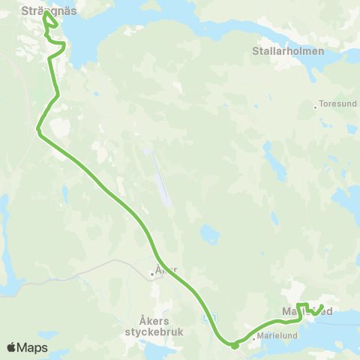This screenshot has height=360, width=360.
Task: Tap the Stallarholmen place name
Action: click(287, 52)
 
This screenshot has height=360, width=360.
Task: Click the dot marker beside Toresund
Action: click(316, 107)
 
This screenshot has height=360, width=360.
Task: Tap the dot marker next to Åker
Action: click(152, 274)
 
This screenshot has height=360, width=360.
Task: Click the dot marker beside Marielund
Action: click(256, 336)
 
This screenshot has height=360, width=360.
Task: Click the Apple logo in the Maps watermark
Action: click(12, 347)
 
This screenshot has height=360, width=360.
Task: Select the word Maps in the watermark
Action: click(33, 347)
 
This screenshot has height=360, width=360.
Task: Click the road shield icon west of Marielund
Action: click(210, 319)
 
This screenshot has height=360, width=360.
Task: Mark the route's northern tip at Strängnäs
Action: click(46, 13)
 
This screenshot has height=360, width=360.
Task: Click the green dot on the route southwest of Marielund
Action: click(235, 346)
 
